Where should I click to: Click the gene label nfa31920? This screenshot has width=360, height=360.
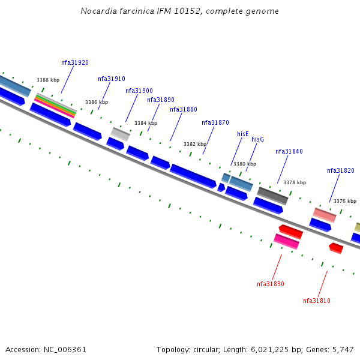(75, 63)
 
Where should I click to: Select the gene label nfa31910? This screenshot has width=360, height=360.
(112, 79)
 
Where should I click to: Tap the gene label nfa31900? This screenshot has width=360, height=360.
(139, 91)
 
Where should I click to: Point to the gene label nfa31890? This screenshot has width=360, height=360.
(161, 100)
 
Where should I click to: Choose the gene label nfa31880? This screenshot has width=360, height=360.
(184, 110)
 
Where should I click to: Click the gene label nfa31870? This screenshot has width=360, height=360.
(215, 123)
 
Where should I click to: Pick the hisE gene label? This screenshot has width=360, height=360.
(243, 134)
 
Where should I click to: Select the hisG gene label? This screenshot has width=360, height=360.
(257, 140)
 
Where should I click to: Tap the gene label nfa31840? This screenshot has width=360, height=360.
(289, 152)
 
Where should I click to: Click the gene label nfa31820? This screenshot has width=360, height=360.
(341, 171)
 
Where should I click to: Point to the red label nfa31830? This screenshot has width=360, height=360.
(271, 284)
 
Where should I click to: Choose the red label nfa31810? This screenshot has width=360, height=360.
(317, 301)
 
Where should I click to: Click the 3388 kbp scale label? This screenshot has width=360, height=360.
(48, 80)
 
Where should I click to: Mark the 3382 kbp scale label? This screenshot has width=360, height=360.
(195, 145)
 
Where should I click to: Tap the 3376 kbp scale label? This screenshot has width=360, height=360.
(345, 202)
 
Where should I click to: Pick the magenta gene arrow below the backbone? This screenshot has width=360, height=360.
(286, 241)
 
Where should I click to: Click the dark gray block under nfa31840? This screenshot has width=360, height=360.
(272, 195)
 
